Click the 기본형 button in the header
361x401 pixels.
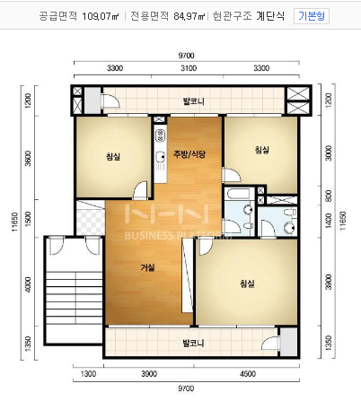tap(312, 16)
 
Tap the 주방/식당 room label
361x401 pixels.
tap(189, 154)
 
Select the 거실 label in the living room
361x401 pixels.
tap(148, 267)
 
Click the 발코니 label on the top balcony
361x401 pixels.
tap(194, 101)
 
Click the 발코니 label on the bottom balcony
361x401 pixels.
tap(194, 343)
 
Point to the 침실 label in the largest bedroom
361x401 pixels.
tap(247, 283)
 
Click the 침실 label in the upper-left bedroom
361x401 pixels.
tap(113, 156)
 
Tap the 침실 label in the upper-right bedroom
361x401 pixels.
tap(262, 150)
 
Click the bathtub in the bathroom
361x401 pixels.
tap(239, 194)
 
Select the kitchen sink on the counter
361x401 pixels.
tap(161, 159)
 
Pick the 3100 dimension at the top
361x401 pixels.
tap(189, 68)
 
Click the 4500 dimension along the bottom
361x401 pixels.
tap(248, 374)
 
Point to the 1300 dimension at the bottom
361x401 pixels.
tap(89, 374)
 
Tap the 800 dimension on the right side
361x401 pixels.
tap(329, 196)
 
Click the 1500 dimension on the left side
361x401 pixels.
tap(28, 218)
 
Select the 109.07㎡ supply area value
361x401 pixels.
tap(101, 16)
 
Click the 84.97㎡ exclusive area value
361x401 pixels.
tap(189, 16)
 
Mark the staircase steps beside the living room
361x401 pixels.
tap(75, 298)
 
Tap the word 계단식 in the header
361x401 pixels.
tap(270, 16)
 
